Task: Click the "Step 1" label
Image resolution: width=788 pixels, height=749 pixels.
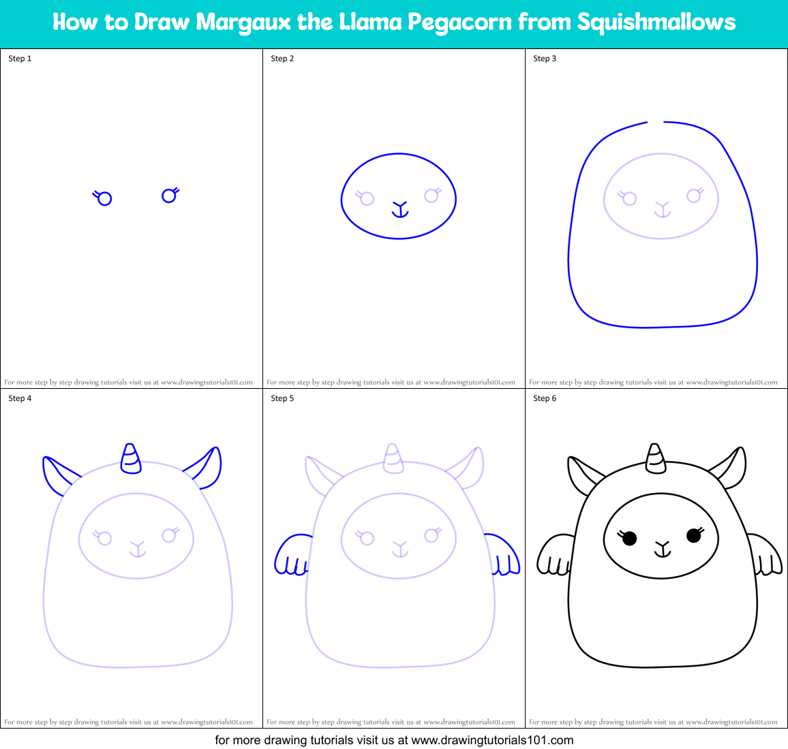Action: click(x=20, y=59)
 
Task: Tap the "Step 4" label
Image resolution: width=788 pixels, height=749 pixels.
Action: click(x=20, y=398)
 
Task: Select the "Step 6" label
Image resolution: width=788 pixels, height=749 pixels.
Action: click(x=545, y=398)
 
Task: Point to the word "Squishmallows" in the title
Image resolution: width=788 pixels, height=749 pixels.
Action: click(x=656, y=22)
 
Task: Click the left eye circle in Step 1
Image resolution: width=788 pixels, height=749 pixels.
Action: click(x=104, y=199)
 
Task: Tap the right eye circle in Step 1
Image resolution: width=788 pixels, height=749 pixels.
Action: click(x=168, y=196)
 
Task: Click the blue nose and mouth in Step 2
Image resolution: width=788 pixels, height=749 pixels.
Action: click(x=399, y=209)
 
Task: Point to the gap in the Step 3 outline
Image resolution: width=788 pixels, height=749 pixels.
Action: click(x=656, y=123)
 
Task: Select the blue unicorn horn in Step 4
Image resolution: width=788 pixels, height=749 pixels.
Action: click(x=131, y=460)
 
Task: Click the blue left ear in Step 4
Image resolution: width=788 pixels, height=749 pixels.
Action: click(x=58, y=474)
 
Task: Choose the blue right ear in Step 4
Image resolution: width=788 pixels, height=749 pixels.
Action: click(x=207, y=468)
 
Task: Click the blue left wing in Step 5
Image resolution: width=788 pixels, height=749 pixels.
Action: click(x=292, y=556)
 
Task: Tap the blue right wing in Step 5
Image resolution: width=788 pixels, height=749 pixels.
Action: click(x=503, y=555)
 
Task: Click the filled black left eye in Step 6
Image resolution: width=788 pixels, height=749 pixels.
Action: click(x=629, y=539)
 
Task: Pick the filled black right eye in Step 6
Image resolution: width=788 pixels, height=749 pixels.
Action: click(x=694, y=536)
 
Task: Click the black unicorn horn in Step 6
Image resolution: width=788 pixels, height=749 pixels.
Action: click(x=656, y=460)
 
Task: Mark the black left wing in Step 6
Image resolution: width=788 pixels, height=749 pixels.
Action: click(x=555, y=556)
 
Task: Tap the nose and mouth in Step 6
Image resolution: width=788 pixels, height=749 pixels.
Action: click(x=662, y=549)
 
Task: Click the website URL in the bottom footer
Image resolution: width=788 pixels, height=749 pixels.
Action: click(x=492, y=740)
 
